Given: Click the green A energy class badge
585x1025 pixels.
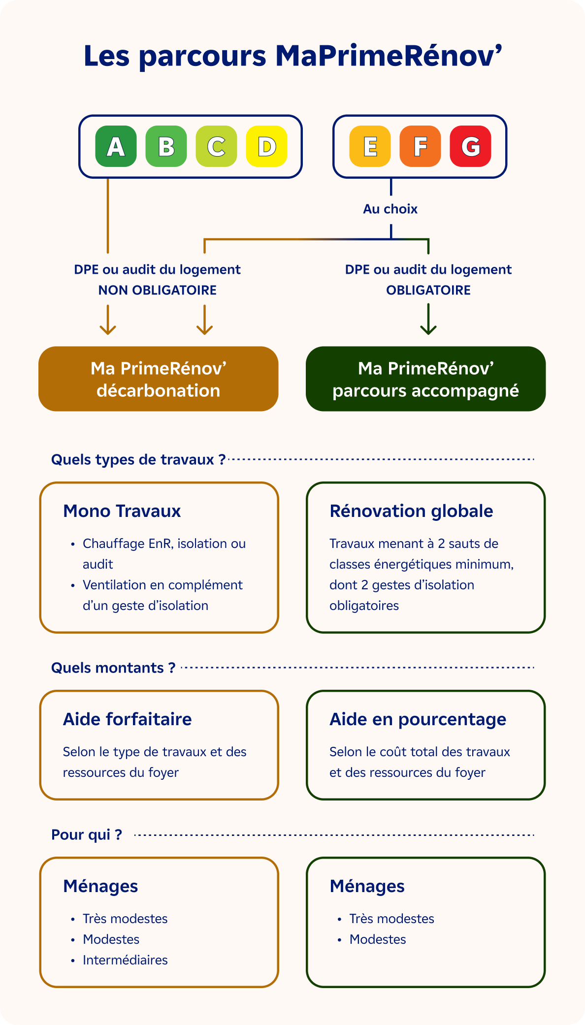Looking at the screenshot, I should (116, 146).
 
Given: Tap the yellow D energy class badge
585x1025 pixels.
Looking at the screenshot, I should (266, 146).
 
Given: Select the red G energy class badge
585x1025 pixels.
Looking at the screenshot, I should (470, 146).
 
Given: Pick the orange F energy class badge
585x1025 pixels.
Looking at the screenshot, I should (420, 146).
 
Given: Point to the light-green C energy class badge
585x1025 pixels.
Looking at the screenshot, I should (216, 146).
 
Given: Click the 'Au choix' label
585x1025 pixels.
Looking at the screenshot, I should (390, 209).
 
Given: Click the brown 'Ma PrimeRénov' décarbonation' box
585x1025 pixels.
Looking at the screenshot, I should (159, 379).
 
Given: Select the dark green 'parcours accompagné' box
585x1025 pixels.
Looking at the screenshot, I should (425, 379).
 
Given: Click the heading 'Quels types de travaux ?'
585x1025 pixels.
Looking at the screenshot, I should (138, 459).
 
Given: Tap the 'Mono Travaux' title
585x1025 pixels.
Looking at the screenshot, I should (122, 511).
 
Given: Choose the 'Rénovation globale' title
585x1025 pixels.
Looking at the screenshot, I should (411, 511).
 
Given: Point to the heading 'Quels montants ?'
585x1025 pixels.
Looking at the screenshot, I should (113, 668).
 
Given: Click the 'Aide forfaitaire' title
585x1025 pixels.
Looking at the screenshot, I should (127, 719).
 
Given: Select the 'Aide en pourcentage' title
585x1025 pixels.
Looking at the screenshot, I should (418, 719).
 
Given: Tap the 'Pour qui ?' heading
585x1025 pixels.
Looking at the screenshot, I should (87, 834).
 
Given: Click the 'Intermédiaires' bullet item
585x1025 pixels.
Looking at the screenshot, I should (125, 960).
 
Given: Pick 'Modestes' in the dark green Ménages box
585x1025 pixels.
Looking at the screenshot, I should (378, 939).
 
